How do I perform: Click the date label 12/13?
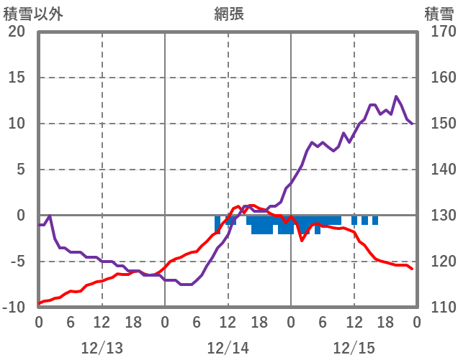point(102,348)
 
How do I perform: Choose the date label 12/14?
point(228,348)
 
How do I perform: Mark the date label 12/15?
point(354,348)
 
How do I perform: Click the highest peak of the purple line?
point(396,96)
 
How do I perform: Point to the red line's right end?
point(412,269)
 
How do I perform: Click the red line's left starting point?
point(39,303)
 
